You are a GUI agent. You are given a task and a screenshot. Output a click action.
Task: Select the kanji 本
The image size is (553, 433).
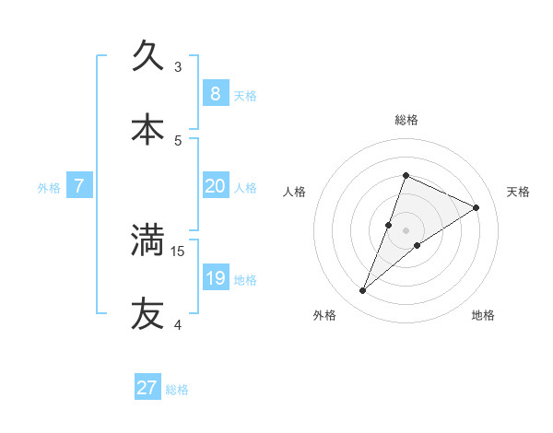(x=147, y=130)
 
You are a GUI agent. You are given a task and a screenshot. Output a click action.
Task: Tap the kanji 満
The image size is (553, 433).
(x=147, y=240)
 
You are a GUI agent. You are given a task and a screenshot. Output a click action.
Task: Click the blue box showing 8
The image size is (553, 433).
(x=215, y=93)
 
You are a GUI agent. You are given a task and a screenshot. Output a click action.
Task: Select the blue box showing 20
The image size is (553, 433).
(x=215, y=185)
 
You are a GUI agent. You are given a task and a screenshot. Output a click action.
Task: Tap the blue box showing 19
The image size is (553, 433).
(x=215, y=277)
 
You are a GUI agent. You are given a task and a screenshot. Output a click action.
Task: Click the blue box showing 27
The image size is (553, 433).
(x=147, y=388)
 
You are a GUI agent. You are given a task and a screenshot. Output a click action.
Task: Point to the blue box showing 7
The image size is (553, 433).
(x=79, y=186)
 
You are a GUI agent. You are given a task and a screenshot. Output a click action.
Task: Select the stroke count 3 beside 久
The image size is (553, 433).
(x=178, y=67)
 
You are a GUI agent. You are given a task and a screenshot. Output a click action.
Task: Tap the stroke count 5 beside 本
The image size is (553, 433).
(x=178, y=141)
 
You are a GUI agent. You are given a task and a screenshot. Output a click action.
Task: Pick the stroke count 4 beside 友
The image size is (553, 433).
(x=178, y=324)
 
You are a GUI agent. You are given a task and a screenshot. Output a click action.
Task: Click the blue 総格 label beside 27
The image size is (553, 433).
(x=177, y=390)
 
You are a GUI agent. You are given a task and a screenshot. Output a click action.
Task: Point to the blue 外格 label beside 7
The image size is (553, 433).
(x=49, y=188)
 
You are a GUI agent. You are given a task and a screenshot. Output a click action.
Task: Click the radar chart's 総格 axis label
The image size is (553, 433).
(x=406, y=120)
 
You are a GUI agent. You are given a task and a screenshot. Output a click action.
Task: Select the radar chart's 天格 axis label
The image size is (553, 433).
(x=518, y=192)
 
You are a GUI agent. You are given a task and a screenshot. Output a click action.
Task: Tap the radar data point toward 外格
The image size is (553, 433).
(x=363, y=291)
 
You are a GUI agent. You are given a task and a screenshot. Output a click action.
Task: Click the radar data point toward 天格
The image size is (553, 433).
(x=477, y=207)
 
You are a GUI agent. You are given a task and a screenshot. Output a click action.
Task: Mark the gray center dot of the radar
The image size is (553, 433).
(x=406, y=230)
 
